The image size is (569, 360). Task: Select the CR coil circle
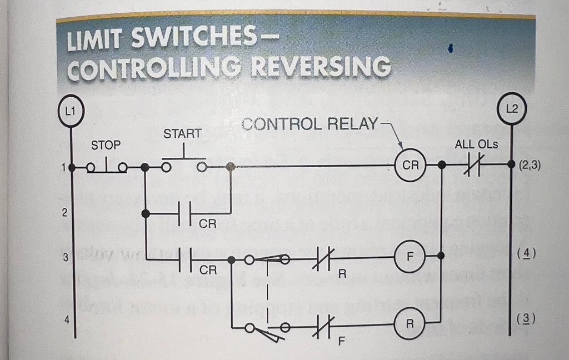[x=410, y=166]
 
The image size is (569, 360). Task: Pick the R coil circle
[x=409, y=324]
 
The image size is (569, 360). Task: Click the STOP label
[x=106, y=145]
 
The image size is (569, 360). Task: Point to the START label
[x=182, y=134]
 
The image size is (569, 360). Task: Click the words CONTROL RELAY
[x=310, y=123]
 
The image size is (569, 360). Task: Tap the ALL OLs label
[x=476, y=144]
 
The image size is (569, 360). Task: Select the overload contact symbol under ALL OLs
[x=476, y=165]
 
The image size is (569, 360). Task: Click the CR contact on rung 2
[x=186, y=213]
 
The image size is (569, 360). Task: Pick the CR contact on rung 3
[x=186, y=259]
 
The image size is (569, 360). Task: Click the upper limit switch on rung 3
[x=267, y=258]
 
